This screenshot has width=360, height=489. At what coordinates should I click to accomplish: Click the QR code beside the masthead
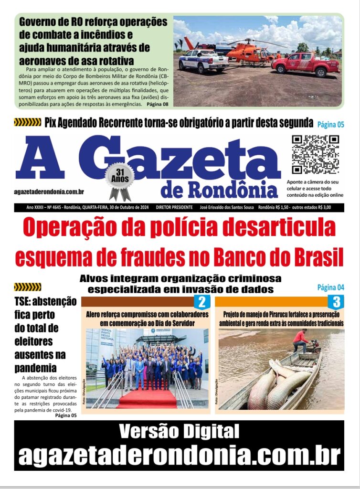315,155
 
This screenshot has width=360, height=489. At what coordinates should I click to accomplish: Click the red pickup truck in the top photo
306,64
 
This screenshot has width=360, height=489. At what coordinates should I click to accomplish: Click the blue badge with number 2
201,302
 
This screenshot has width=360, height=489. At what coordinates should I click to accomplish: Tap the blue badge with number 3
336,302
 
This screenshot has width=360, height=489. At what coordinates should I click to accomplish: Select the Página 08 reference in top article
157,104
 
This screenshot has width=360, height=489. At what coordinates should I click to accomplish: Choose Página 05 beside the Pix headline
330,125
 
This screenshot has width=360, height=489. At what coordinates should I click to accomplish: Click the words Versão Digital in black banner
179,432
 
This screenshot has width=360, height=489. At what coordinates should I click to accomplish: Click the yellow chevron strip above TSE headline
28,287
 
